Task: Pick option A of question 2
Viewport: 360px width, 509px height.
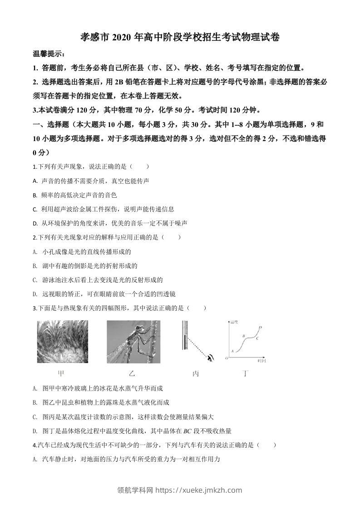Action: pos(82,252)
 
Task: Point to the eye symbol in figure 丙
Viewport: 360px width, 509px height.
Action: pos(210,358)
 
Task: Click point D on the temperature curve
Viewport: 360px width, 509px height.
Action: pos(260,327)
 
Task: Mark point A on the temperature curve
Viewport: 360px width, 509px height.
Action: pos(232,351)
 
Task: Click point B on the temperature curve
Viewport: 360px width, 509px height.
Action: pos(244,336)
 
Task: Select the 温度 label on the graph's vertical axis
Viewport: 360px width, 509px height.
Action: pos(235,322)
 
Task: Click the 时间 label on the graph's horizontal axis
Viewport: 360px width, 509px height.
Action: pos(261,361)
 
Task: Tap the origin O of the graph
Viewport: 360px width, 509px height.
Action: pos(227,358)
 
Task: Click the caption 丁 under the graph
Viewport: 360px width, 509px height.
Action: pos(246,374)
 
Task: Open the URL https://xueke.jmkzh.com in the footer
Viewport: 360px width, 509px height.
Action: pos(199,490)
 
